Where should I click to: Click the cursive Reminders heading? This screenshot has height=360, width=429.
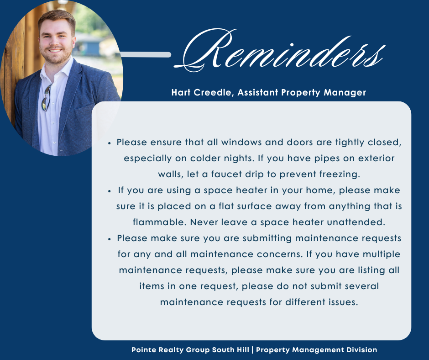[280, 50]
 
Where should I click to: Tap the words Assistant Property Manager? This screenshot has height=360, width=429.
[302, 93]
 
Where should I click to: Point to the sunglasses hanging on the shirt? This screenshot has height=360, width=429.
[47, 97]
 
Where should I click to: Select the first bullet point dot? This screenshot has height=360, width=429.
[109, 143]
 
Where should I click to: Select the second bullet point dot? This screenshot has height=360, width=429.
[109, 191]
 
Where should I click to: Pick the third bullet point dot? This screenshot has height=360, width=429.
[109, 239]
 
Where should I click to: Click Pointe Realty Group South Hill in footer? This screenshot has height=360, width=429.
[190, 350]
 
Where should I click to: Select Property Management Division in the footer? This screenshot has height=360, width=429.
[317, 350]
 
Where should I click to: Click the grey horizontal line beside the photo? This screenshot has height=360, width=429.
[146, 55]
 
